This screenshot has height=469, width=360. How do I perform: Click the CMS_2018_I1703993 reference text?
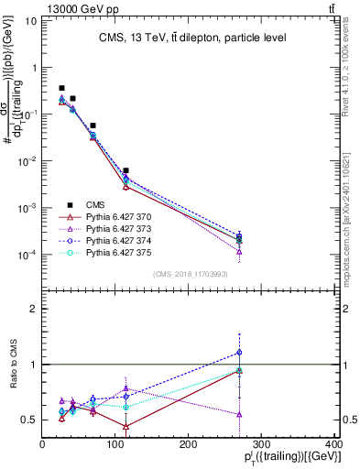tap(191, 274)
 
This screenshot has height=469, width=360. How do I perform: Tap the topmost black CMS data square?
tap(61, 88)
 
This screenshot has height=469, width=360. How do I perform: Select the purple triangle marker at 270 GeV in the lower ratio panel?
tap(239, 414)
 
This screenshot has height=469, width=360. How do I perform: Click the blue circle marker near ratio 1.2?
tap(239, 352)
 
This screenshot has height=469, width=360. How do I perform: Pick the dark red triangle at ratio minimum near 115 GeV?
tap(125, 427)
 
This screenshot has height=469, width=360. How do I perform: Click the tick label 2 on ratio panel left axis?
tap(34, 309)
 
